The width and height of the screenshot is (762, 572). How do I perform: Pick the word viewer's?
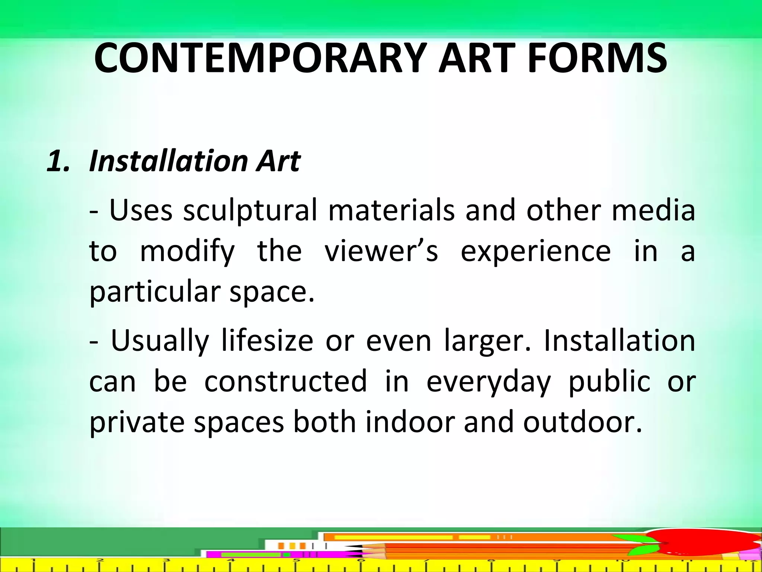pyautogui.click(x=381, y=251)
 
